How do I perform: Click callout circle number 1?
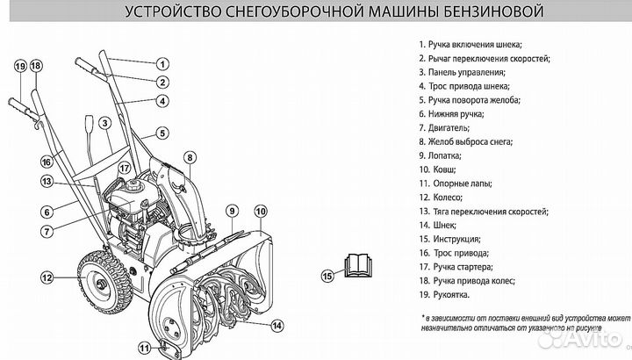coord(162,63)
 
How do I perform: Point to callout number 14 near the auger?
coord(276,325)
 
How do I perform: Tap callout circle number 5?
coord(162,133)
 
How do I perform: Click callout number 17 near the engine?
coord(125,168)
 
